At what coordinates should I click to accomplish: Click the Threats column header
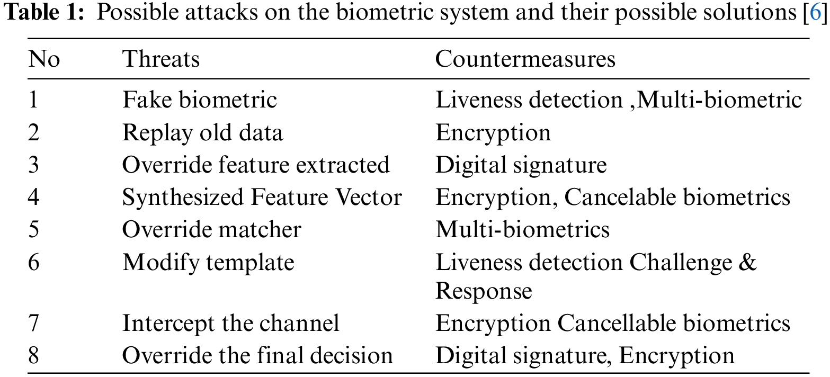pos(161,59)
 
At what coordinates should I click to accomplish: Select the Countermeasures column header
pos(525,59)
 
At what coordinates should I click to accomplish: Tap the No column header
pos(44,59)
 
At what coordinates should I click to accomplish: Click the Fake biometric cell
pos(200,100)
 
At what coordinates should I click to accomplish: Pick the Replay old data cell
pos(202,132)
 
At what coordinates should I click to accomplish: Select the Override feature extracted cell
pos(256,165)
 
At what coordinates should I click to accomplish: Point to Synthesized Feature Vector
pos(262,198)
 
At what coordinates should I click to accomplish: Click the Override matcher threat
pos(211,230)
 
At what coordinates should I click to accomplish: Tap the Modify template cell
pos(208,263)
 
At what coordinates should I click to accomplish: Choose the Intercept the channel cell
pos(230,324)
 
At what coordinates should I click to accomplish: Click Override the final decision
pos(257,356)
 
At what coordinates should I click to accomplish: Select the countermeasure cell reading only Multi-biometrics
pos(522,230)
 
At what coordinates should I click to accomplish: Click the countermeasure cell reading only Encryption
pos(493,132)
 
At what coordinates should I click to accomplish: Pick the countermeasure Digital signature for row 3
pos(521,165)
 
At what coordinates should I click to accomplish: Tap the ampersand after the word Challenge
pos(747,263)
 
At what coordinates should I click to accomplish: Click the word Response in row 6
pos(483,291)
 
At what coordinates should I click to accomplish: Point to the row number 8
pos(33,356)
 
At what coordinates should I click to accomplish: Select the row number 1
pos(33,100)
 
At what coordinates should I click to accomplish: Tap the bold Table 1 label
pos(46,14)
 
